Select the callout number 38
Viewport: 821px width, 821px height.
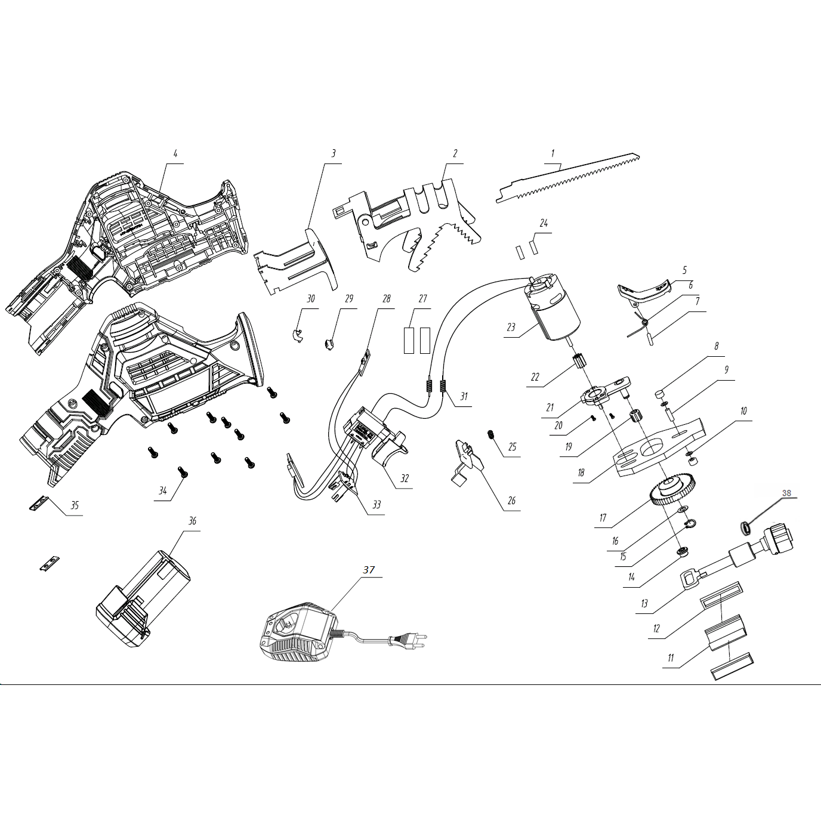(x=786, y=493)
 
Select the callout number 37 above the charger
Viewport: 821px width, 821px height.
(x=369, y=570)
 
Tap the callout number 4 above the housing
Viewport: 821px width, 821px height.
(x=175, y=153)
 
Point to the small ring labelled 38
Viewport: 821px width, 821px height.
(x=745, y=527)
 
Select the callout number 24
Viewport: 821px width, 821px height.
(x=543, y=224)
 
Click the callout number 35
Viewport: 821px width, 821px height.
(x=75, y=506)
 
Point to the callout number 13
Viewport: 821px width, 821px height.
(x=644, y=604)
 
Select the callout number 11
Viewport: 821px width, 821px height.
(x=671, y=658)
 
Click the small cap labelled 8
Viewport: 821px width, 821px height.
(x=660, y=394)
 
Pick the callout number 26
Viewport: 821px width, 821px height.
(x=511, y=501)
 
